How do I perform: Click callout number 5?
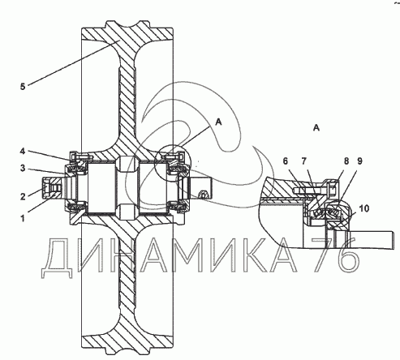pyautogui.click(x=23, y=87)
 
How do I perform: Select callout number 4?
pyautogui.click(x=23, y=151)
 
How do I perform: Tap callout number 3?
pyautogui.click(x=23, y=169)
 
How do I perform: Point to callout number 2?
pyautogui.click(x=23, y=196)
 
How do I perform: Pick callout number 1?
pyautogui.click(x=23, y=218)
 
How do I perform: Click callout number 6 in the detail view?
pyautogui.click(x=286, y=161)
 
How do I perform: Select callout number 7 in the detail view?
pyautogui.click(x=303, y=161)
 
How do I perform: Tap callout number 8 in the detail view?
pyautogui.click(x=346, y=161)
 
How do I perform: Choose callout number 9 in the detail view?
pyautogui.click(x=359, y=161)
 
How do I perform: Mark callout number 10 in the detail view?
pyautogui.click(x=364, y=208)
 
